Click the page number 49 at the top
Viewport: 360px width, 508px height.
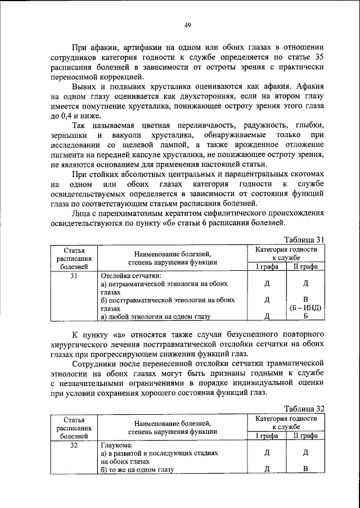(188, 25)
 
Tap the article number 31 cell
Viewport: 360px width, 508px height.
(74, 276)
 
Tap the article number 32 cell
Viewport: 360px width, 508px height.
(74, 446)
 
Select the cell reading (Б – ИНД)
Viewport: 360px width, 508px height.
(305, 308)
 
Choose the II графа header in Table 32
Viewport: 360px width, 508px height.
(305, 436)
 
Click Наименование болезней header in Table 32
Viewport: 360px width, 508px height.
(172, 423)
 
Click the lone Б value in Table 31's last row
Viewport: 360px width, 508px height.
(305, 317)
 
